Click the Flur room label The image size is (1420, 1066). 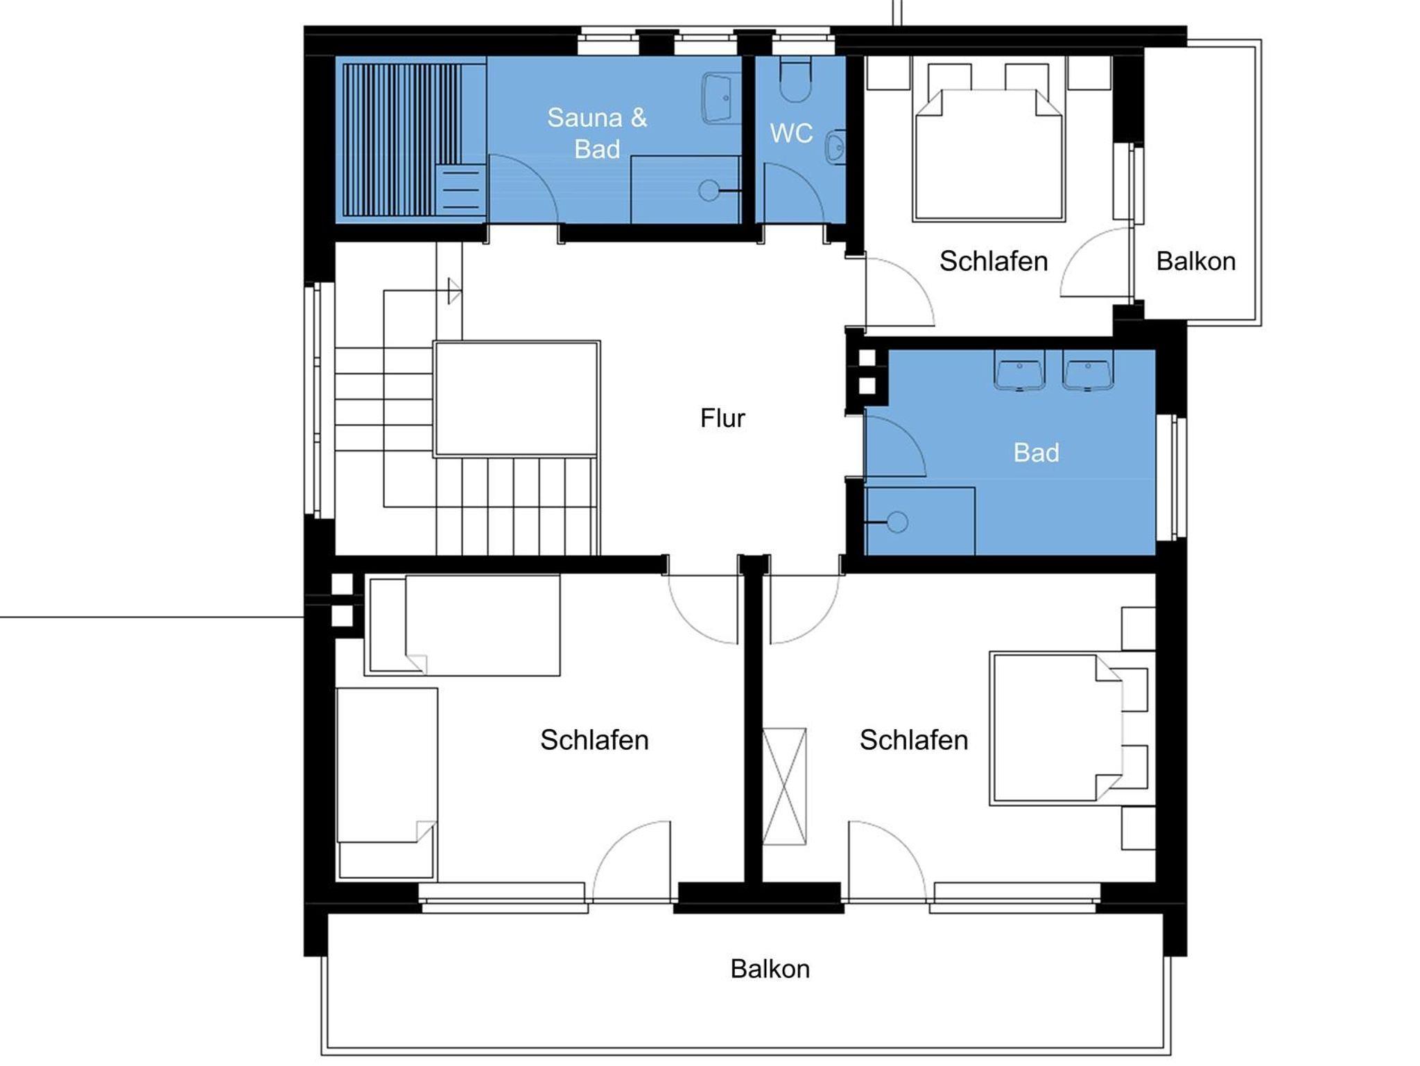[x=722, y=418]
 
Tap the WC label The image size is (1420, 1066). [x=791, y=133]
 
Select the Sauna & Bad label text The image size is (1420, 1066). [x=597, y=133]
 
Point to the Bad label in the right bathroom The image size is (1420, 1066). [x=1036, y=453]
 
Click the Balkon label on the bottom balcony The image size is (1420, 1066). [x=770, y=968]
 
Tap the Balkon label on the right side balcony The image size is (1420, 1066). [x=1195, y=261]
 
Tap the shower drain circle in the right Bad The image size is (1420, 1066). [x=897, y=522]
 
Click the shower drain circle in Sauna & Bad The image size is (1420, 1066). [x=709, y=191]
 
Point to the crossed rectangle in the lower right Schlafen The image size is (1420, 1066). [x=784, y=786]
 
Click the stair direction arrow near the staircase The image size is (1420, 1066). [x=454, y=290]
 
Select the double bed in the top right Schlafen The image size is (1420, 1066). [x=989, y=155]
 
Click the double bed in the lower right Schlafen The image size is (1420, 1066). [x=1056, y=728]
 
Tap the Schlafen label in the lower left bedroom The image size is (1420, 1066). [x=594, y=740]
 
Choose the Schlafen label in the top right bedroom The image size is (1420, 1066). [x=993, y=261]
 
